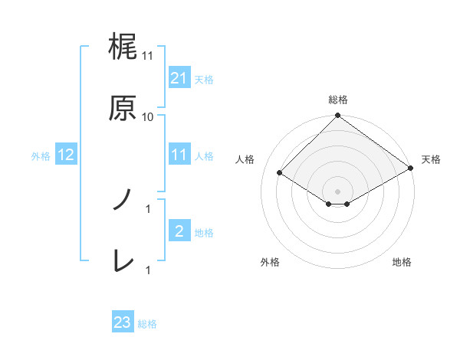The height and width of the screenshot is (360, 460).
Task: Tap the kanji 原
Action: (123, 108)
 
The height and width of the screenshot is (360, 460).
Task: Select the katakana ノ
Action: (123, 200)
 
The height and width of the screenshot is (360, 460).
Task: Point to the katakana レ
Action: (123, 261)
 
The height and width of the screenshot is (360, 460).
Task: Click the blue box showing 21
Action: (179, 77)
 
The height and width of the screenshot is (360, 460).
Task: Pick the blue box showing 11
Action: (179, 155)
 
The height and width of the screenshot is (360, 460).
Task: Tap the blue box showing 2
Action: (179, 231)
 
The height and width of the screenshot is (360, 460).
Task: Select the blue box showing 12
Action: (66, 155)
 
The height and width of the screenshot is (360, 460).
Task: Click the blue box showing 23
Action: (123, 322)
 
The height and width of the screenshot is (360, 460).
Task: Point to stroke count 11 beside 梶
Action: (148, 56)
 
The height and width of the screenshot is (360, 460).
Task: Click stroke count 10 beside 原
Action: (148, 116)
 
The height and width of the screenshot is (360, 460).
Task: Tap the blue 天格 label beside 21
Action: (204, 78)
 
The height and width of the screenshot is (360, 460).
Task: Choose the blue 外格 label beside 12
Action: (41, 155)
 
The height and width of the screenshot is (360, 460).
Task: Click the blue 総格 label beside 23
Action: (147, 323)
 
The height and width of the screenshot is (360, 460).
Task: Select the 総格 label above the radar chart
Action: (338, 100)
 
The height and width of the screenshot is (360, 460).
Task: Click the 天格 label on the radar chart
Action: (432, 159)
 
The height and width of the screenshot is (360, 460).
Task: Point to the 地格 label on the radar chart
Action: (402, 262)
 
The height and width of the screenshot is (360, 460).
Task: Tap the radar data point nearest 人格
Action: (281, 173)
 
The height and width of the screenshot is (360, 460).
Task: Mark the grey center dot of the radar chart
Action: (338, 191)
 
